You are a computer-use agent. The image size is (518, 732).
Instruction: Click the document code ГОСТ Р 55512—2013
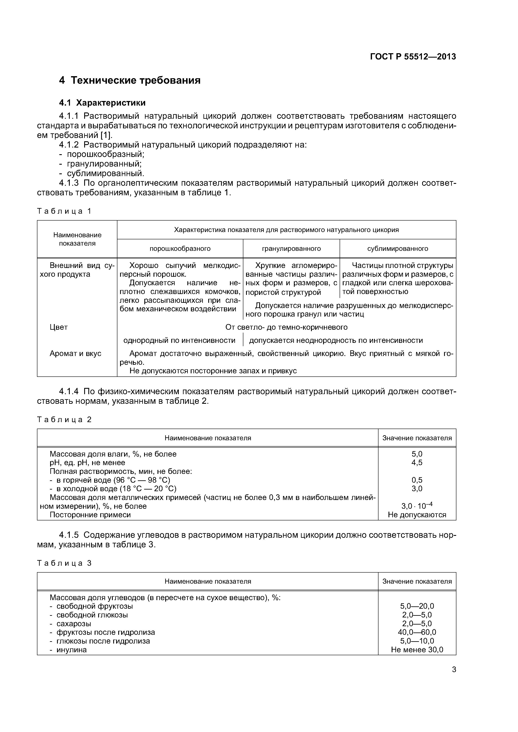[413, 57]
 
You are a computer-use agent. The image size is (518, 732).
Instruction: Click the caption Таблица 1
[64, 211]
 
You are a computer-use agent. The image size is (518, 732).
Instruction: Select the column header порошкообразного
[180, 248]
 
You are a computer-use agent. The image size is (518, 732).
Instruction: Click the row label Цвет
[59, 327]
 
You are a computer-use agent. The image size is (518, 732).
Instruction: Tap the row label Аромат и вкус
[75, 353]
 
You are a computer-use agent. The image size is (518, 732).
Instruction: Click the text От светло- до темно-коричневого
[286, 327]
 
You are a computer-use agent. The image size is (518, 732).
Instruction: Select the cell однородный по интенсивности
[179, 341]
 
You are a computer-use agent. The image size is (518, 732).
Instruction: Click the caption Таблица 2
[64, 420]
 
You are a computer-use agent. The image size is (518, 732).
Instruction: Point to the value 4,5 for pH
[417, 463]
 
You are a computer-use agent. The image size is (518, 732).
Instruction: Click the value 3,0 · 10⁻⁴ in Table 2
[417, 506]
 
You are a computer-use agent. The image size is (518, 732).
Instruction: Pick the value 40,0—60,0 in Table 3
[417, 632]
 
